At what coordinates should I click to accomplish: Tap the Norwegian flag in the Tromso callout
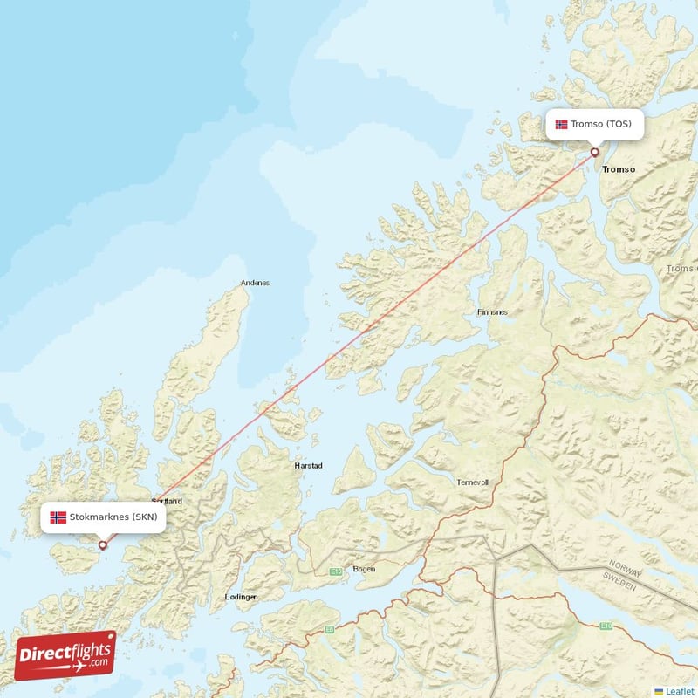[561, 124]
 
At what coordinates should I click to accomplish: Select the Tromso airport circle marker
[595, 152]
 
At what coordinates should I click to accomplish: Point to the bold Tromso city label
[619, 168]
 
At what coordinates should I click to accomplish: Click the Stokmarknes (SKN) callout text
[114, 517]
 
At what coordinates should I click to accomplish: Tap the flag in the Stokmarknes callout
[58, 517]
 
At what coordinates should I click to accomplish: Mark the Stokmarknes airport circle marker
[102, 545]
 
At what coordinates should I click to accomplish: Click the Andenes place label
[255, 283]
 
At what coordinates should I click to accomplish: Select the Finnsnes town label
[492, 311]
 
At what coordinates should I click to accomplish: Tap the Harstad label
[308, 466]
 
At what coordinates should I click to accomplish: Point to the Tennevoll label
[473, 482]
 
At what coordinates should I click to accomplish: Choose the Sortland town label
[167, 502]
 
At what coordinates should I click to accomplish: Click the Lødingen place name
[241, 596]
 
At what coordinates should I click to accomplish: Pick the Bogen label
[364, 569]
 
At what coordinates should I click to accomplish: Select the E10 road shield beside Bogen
[335, 571]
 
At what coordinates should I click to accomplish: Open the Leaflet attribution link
[680, 691]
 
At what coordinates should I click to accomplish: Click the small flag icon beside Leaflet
[659, 691]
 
